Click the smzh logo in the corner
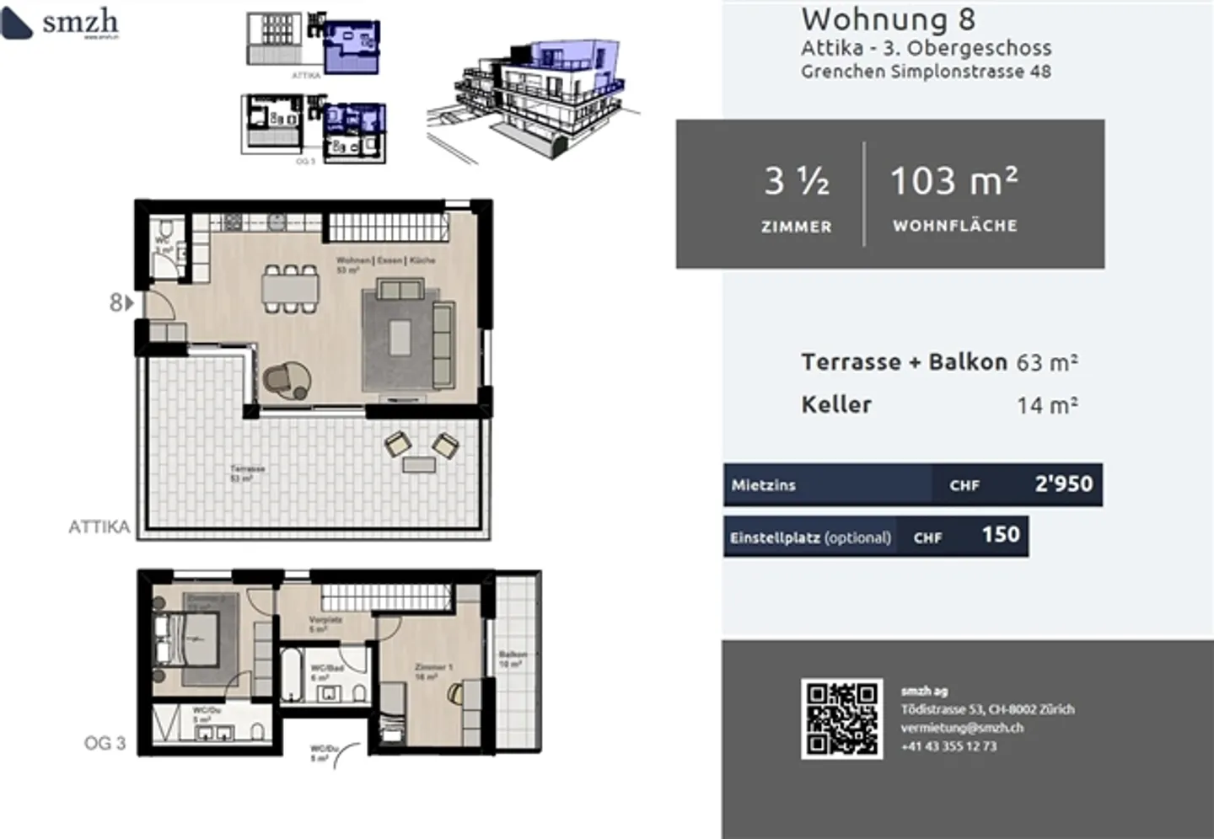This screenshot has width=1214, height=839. click(61, 23)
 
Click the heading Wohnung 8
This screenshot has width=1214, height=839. click(888, 19)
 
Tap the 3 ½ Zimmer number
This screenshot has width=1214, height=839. click(796, 181)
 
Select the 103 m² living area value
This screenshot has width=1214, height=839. click(953, 181)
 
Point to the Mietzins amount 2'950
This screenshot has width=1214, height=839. click(1063, 484)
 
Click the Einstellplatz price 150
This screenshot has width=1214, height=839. click(1000, 535)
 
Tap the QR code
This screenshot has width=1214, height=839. click(841, 719)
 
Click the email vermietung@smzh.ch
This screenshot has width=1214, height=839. click(961, 728)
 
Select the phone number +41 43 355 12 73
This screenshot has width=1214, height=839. click(948, 746)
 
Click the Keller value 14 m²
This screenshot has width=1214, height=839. click(1046, 405)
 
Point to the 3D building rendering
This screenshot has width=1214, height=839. click(531, 97)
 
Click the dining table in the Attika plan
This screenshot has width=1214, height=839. click(291, 289)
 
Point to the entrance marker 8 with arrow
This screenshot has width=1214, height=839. click(121, 302)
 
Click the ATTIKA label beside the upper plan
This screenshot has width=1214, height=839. click(99, 527)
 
